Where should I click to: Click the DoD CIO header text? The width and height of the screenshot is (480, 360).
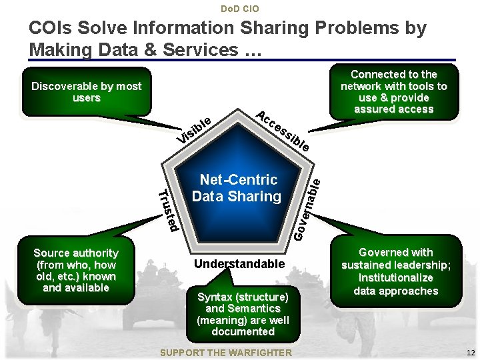(239, 9)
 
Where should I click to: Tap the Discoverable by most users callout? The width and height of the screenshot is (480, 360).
(87, 92)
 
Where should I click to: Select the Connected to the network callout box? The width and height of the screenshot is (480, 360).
(393, 92)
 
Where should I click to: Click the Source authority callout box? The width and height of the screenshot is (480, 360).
(76, 270)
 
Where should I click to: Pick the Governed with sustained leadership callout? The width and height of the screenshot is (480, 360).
(396, 271)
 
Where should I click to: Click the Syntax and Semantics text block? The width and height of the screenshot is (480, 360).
(243, 314)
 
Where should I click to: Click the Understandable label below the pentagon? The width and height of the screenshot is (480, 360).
(239, 264)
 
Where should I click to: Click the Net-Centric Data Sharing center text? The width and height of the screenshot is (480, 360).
(237, 188)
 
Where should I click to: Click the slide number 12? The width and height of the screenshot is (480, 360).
(471, 353)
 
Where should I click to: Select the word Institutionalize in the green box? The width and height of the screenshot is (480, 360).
(396, 278)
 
